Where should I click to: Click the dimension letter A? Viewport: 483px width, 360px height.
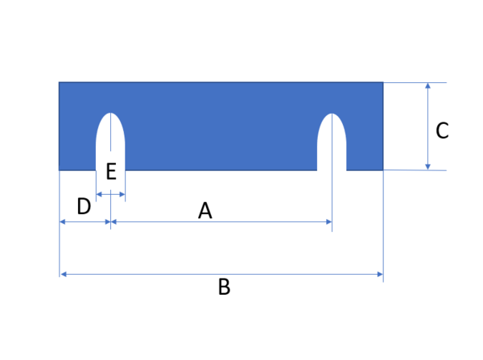pos(205,210)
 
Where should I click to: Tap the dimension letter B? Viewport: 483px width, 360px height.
pos(225,287)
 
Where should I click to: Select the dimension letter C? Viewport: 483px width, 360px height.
pos(442,130)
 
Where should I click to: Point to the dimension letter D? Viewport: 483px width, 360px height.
pos(84,206)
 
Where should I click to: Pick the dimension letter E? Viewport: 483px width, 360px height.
pos(111,172)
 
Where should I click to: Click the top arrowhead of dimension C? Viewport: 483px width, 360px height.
pos(427,85)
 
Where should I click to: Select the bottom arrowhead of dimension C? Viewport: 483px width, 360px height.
pos(427,167)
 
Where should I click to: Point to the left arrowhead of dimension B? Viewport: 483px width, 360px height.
pos(64,274)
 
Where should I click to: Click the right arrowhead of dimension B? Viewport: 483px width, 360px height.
pos(380,274)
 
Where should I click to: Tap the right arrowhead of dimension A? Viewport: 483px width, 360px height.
pos(329,221)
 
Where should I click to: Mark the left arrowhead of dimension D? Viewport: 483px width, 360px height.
pos(63,221)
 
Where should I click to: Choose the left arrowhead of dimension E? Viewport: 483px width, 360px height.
pos(99,194)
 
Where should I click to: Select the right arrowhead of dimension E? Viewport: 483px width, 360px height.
pos(122,194)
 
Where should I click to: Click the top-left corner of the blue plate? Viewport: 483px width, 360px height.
pos(59,82)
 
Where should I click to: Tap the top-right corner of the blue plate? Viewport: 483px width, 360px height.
pos(383,82)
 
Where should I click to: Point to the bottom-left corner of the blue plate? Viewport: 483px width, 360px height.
pos(59,170)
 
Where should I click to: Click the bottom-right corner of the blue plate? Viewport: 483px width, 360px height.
pos(383,170)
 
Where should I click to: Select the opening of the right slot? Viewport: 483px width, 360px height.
pos(332,169)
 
